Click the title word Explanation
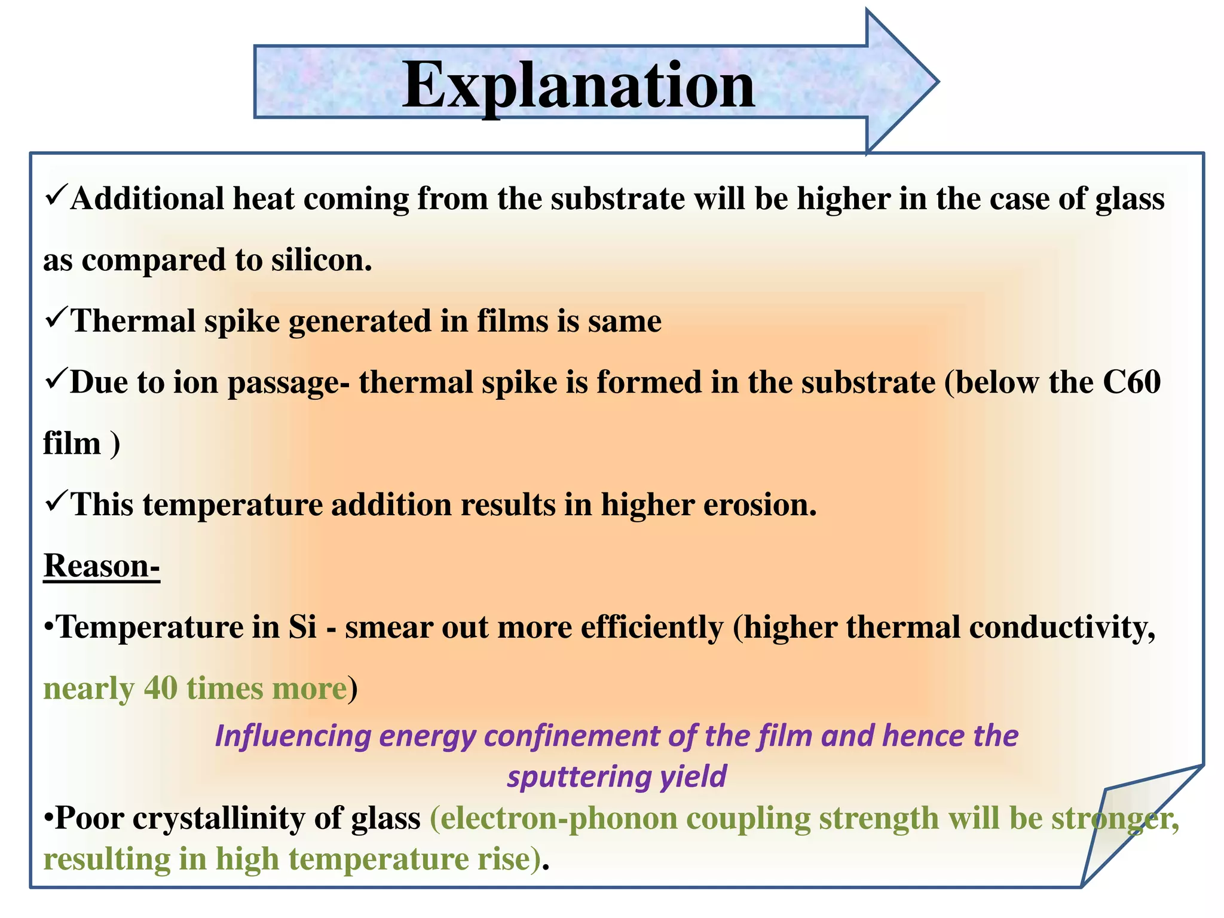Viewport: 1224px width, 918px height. (x=579, y=85)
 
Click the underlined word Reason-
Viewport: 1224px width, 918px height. (x=102, y=565)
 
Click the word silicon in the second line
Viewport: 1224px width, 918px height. (x=322, y=260)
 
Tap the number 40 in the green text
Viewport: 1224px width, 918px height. (x=161, y=688)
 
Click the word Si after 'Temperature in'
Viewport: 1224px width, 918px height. (x=302, y=627)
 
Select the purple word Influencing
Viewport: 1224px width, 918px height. (x=293, y=736)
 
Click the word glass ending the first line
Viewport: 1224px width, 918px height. (x=1130, y=199)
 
